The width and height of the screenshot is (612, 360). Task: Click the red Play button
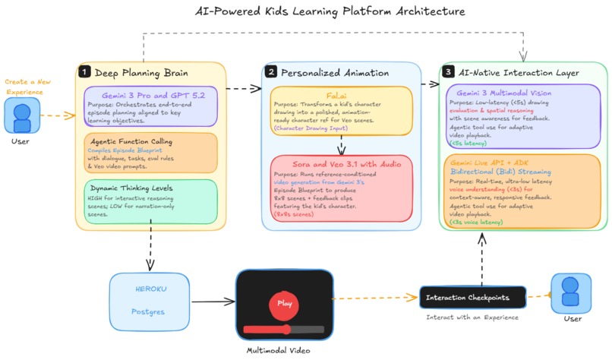pos(284,304)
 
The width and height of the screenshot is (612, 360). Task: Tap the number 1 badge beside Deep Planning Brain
pos(84,72)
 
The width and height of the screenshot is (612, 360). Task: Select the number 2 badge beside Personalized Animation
pos(270,71)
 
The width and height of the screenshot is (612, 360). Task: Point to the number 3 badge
pos(448,71)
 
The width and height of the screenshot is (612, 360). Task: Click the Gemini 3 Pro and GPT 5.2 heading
pos(153,95)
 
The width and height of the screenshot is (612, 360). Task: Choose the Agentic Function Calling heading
pos(131,141)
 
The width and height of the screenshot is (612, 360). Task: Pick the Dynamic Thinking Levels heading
pos(131,188)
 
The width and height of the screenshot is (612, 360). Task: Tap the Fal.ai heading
pos(336,95)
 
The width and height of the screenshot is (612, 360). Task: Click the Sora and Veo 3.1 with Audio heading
pos(346,164)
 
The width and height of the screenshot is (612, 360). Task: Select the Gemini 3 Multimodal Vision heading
pos(504,93)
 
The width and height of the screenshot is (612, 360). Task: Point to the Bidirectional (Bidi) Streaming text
pos(501,172)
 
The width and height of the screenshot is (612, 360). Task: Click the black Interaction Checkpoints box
pos(472,298)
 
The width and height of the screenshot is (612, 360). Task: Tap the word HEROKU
pos(150,289)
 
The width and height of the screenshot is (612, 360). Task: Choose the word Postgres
pos(148,311)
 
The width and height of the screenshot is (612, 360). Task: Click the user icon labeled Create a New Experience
pos(22,115)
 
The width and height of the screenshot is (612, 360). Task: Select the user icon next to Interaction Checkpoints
pos(571,293)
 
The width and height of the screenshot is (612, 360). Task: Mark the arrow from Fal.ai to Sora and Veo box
pos(342,145)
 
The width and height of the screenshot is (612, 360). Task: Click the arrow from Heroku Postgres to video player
pos(213,301)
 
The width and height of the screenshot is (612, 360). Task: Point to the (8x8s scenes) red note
pos(294,214)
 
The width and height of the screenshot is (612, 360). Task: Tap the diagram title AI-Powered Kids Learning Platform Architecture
pos(330,11)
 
